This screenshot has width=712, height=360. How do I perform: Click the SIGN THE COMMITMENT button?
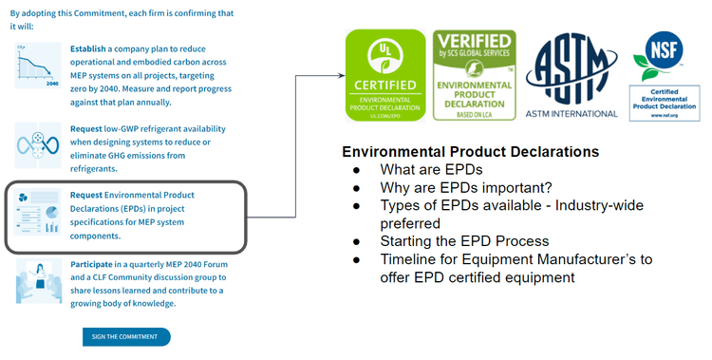point(126,336)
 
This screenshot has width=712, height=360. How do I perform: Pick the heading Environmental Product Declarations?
point(470,152)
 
